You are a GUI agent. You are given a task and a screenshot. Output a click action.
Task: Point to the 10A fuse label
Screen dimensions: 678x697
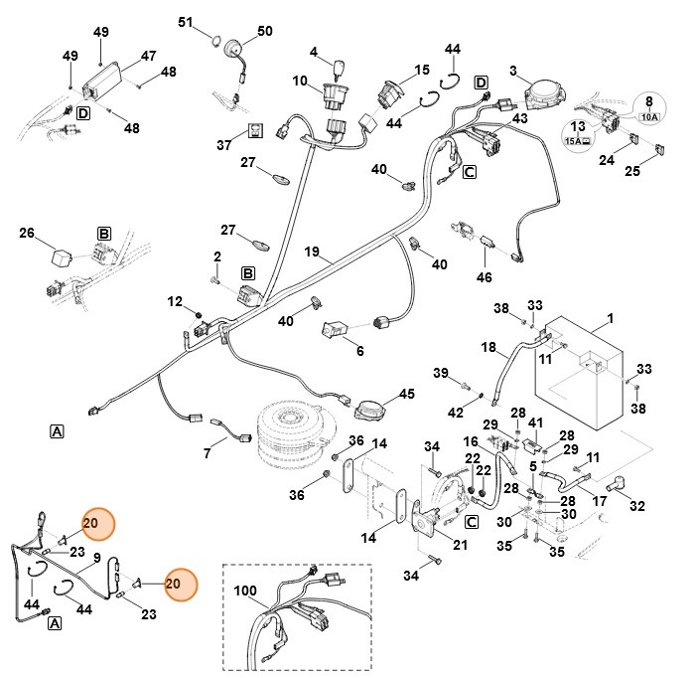pyautogui.click(x=649, y=116)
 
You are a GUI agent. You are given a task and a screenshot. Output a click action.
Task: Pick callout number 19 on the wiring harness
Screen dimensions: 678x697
pyautogui.click(x=312, y=253)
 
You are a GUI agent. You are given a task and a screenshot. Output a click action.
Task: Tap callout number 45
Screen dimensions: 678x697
pyautogui.click(x=406, y=394)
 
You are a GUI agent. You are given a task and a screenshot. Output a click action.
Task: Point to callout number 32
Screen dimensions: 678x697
pyautogui.click(x=636, y=505)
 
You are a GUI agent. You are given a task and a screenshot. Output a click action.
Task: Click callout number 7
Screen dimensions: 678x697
pyautogui.click(x=207, y=454)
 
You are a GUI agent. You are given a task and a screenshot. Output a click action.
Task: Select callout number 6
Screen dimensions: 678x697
pyautogui.click(x=359, y=351)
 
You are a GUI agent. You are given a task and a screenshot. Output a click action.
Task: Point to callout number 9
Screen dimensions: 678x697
pyautogui.click(x=96, y=558)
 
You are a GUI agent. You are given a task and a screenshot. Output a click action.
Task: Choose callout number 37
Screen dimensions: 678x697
pyautogui.click(x=223, y=144)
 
